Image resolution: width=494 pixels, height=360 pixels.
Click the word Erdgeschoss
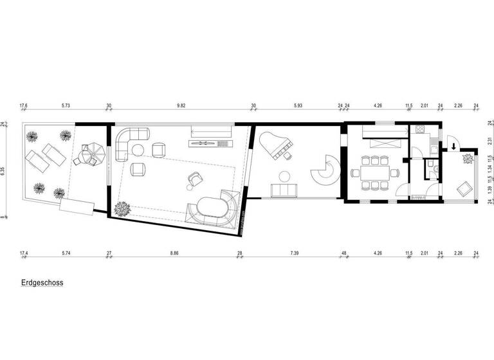(42, 282)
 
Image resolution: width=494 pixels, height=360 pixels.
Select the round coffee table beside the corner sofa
(138, 150)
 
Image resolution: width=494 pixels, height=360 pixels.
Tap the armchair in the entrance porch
(462, 189)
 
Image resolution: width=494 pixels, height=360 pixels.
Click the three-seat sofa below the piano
(283, 190)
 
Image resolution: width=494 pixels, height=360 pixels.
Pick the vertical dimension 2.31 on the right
(489, 142)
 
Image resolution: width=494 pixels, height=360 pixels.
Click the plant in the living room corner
(120, 208)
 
